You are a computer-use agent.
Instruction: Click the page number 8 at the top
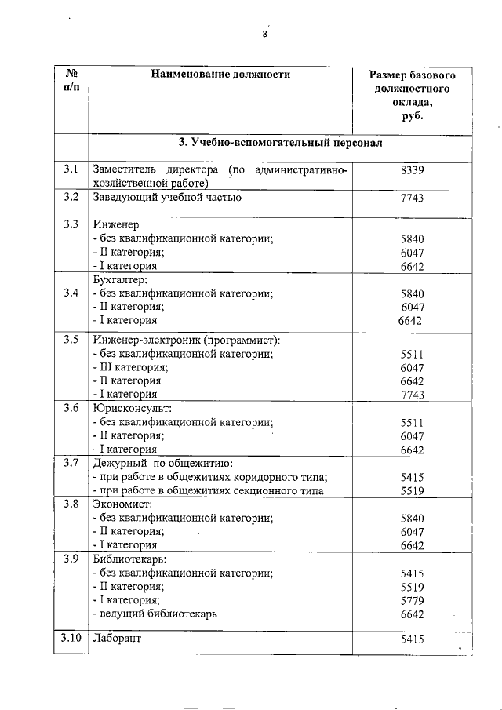tap(264, 34)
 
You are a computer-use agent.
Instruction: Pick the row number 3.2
tap(71, 198)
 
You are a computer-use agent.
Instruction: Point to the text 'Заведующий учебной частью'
tap(166, 198)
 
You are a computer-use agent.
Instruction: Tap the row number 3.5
tap(71, 340)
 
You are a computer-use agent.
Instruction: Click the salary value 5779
tap(412, 599)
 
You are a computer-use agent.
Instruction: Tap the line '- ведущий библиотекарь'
tap(155, 613)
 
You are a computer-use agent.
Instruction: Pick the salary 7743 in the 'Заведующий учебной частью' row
tap(412, 198)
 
